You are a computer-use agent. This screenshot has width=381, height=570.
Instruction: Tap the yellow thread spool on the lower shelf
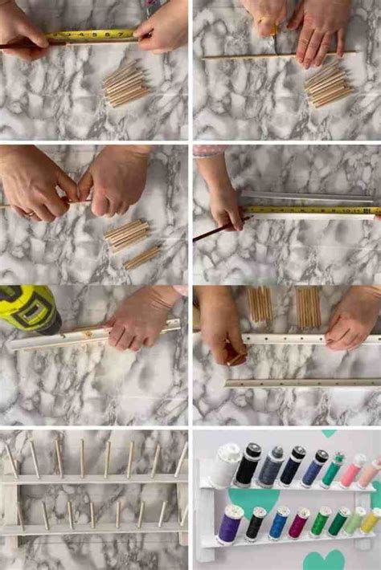[370, 520]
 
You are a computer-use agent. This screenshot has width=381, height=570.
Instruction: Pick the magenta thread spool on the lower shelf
[299, 523]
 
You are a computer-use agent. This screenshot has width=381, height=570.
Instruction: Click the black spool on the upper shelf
[248, 464]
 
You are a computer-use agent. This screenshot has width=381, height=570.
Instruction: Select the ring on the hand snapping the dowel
[30, 214]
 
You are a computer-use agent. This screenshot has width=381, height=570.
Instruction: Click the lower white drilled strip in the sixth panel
[301, 383]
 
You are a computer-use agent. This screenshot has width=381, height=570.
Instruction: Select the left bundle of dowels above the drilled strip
[259, 306]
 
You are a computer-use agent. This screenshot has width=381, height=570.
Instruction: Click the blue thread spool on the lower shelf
[278, 523]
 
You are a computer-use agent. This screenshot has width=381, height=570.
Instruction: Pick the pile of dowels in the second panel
[328, 83]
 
